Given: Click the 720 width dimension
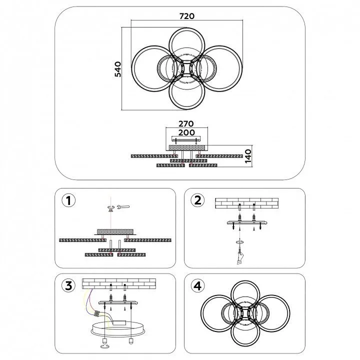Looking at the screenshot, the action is point(186,16).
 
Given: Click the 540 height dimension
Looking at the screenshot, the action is point(118,69).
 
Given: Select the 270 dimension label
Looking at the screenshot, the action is point(186,124).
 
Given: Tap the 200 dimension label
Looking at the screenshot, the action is point(186,132).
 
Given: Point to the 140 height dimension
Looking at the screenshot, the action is point(248,156).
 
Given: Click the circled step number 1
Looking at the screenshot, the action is point(68,200).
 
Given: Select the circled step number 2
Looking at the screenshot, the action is point(197,200).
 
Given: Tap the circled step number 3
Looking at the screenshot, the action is point(68,286).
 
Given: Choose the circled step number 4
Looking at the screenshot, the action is point(197,286).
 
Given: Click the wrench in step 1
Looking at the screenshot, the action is point(123,207).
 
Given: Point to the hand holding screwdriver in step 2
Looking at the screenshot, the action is point(240,255).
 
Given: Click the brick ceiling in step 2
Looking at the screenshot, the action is point(247,203).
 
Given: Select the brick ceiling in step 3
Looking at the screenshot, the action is point(119,284).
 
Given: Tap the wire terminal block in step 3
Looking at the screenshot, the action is point(97,313).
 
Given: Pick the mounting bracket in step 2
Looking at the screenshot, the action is point(247,222).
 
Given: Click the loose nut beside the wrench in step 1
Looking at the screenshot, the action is point(111,207).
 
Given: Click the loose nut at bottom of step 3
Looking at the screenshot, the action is point(104,346).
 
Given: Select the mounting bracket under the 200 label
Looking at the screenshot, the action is point(186,139).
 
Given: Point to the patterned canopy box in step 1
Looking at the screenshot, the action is point(115,231).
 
